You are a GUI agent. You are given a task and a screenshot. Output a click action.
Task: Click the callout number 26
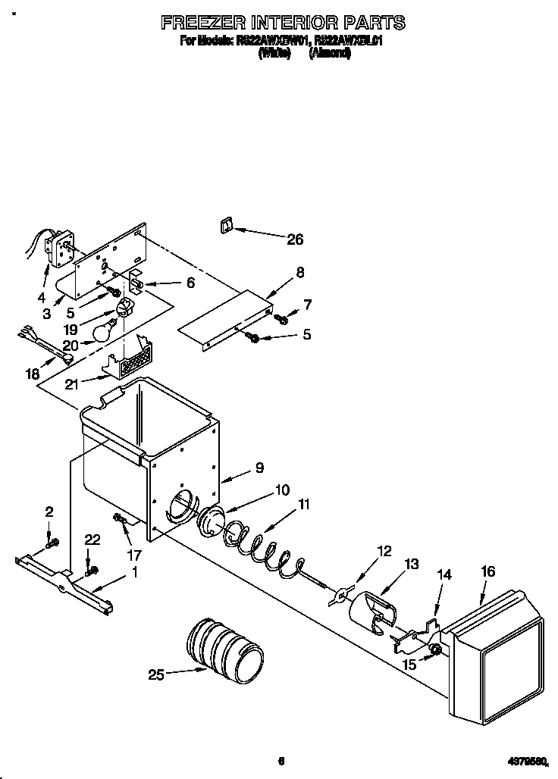click(294, 239)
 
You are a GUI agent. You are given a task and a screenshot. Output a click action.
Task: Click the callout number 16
click(487, 572)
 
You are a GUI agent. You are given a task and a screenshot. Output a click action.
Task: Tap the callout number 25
click(156, 674)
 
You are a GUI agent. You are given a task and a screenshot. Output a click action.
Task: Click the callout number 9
click(259, 468)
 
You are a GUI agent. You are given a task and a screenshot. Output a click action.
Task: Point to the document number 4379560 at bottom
click(530, 761)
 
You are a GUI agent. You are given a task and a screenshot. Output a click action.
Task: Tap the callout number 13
click(411, 564)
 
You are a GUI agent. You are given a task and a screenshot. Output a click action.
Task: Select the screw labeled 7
click(281, 318)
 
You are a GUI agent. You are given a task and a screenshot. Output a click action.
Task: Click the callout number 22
click(92, 539)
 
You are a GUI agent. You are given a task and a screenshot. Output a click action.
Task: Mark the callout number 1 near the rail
click(134, 574)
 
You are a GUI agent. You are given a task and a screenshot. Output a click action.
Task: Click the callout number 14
click(444, 575)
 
